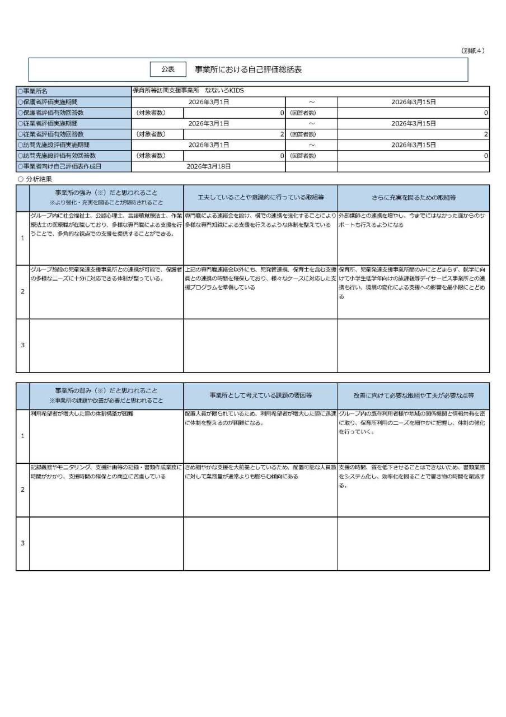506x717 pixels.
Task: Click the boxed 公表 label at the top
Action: (167, 69)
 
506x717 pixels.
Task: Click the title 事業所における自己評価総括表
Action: (248, 69)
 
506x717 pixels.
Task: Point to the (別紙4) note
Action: (473, 50)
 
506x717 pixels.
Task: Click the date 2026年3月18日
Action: (208, 166)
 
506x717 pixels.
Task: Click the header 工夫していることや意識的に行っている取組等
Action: (260, 198)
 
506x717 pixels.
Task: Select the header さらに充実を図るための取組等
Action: (413, 198)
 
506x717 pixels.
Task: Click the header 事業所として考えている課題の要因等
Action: (260, 395)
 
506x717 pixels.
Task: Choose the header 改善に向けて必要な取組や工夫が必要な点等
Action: (413, 395)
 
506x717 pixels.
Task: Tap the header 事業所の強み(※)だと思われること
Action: (106, 193)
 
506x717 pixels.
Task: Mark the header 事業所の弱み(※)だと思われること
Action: (106, 391)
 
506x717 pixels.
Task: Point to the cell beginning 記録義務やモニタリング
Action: (106, 471)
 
